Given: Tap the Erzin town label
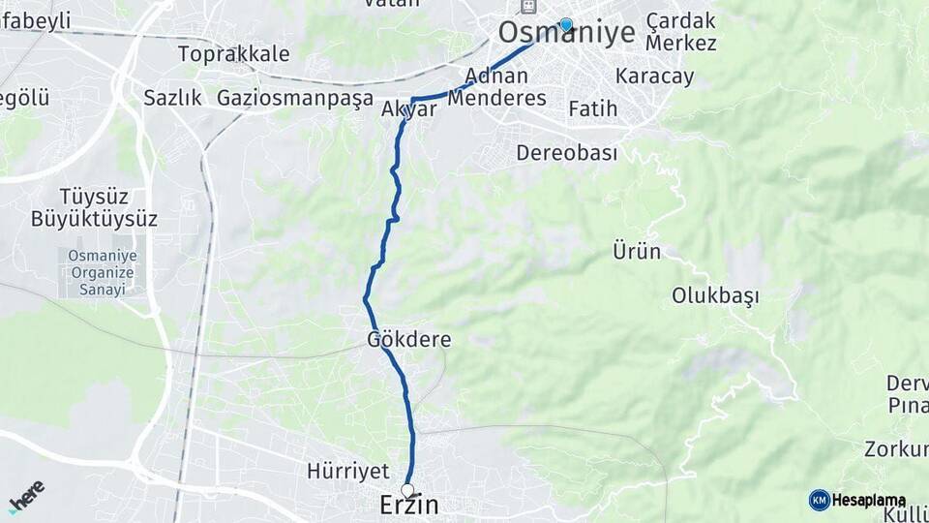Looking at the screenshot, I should (x=407, y=506).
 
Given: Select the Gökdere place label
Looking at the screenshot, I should (x=408, y=340).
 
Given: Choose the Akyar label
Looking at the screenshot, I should (x=409, y=109).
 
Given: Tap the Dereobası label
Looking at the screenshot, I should (x=566, y=153).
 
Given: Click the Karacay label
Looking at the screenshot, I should (x=654, y=77).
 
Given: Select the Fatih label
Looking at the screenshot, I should (x=592, y=108).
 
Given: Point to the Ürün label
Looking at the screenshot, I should (x=637, y=252).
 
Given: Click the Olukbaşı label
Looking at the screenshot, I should (x=716, y=296).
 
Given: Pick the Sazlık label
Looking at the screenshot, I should (x=172, y=98).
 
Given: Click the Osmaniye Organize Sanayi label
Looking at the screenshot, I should (x=103, y=272).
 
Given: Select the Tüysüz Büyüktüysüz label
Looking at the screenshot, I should (x=94, y=207).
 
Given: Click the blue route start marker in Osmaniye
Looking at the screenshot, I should (x=566, y=25).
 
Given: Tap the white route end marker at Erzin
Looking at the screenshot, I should (x=407, y=490).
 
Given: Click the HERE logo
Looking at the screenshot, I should (x=26, y=496).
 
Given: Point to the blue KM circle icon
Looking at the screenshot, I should (x=819, y=500).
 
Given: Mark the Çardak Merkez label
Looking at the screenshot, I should (x=681, y=32).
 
